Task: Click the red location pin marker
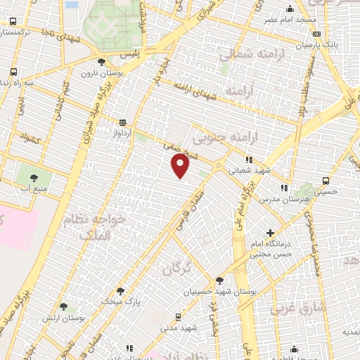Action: point(181,166)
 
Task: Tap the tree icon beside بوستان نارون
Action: point(103,62)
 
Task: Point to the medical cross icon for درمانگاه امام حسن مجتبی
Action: point(270,233)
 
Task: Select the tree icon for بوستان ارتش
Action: point(63,307)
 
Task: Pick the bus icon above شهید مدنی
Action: point(178,317)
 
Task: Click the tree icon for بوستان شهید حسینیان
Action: point(219,280)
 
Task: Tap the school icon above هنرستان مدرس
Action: point(284,188)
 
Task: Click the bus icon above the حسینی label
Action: point(324,180)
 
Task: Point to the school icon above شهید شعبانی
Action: point(249,160)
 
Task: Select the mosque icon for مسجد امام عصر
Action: point(290,8)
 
